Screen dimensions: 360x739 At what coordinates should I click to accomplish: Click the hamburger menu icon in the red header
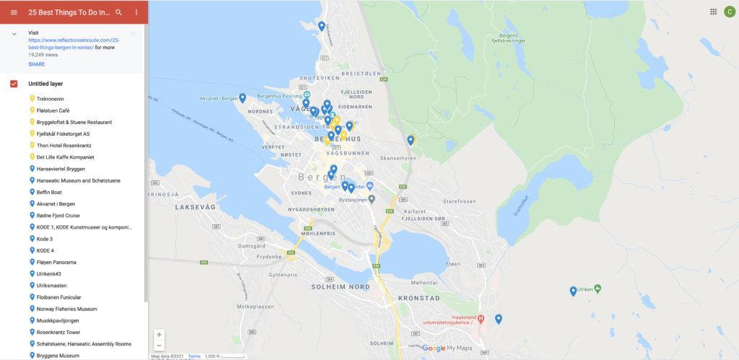(x=14, y=12)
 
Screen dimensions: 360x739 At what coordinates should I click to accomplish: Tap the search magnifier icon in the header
(x=118, y=12)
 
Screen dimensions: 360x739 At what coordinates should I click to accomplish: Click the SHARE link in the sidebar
(x=36, y=64)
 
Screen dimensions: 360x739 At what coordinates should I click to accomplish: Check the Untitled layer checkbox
(x=14, y=84)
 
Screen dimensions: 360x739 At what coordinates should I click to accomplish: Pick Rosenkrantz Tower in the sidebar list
(x=58, y=332)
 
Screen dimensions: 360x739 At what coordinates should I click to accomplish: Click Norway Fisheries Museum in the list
(x=66, y=309)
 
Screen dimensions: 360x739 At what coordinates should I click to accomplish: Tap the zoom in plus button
(x=159, y=334)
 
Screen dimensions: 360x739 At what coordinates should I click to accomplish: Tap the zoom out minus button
(x=159, y=345)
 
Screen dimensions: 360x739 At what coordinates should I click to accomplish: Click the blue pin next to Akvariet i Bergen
(x=242, y=97)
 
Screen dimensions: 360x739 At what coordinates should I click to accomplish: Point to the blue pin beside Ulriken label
(x=573, y=291)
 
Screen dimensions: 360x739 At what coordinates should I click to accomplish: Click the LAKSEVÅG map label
(x=195, y=206)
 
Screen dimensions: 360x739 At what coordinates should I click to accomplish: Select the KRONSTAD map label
(x=419, y=298)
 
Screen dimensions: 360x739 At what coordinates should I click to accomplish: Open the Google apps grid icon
(x=713, y=12)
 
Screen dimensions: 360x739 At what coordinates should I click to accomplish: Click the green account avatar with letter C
(x=729, y=12)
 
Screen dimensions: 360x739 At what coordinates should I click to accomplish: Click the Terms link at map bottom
(x=194, y=356)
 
